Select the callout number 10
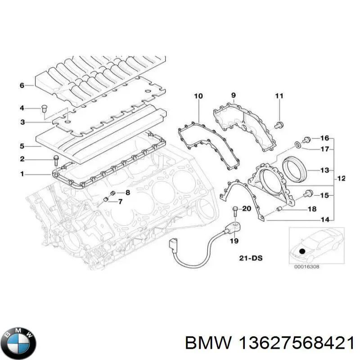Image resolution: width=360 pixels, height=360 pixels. point(198,96)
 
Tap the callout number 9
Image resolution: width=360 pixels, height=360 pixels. point(234,95)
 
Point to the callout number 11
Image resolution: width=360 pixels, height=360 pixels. point(279,95)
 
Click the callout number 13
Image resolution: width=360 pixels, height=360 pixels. point(324,171)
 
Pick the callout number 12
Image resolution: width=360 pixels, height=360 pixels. point(341,179)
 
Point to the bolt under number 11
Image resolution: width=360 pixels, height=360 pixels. point(279,125)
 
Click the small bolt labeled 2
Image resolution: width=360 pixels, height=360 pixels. point(55,158)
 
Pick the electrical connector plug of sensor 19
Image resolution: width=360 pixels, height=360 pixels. point(173,245)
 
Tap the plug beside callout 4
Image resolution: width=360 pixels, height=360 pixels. point(44,108)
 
